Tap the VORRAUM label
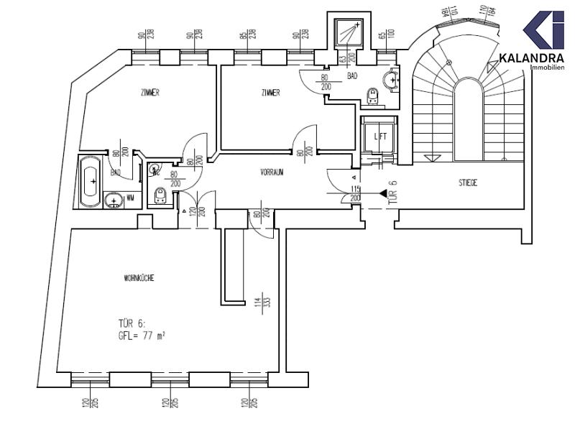click(274, 172)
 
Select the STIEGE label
click(468, 183)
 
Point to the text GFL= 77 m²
click(142, 335)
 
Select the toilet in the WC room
click(160, 195)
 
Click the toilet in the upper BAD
click(372, 96)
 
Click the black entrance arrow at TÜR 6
click(382, 193)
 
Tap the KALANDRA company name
click(530, 57)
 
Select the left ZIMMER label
click(149, 93)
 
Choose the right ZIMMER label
click(270, 93)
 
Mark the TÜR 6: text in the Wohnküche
click(134, 323)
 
